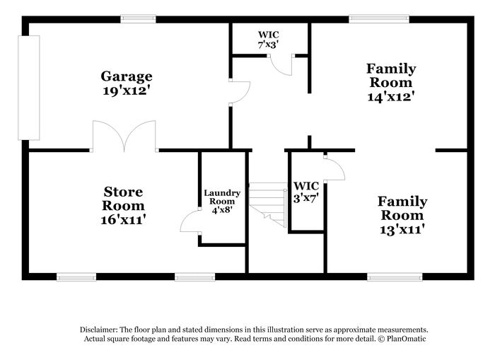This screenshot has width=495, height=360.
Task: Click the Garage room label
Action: coord(127,76)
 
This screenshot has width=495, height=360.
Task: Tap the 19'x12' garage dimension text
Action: coord(126,91)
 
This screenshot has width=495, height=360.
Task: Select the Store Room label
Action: coord(123,199)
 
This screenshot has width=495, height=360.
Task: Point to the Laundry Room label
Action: coord(222,197)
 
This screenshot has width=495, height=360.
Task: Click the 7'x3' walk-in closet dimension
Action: coord(268,45)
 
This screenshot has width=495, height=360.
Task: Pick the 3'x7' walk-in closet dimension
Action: coord(306,198)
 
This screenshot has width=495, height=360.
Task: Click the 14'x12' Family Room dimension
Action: coord(391,96)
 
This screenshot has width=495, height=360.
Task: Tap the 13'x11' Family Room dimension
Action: coord(402,229)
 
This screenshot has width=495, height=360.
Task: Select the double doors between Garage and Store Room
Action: coord(124,136)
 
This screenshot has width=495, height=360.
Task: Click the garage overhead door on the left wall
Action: coord(29,88)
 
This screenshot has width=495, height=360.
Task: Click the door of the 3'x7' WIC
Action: coord(334,168)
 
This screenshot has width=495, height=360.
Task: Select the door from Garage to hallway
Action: coord(240,92)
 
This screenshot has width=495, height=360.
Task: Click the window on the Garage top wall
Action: coord(139,19)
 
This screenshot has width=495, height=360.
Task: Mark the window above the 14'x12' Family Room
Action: coord(379,19)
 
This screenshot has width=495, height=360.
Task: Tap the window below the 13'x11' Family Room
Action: coord(395,277)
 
